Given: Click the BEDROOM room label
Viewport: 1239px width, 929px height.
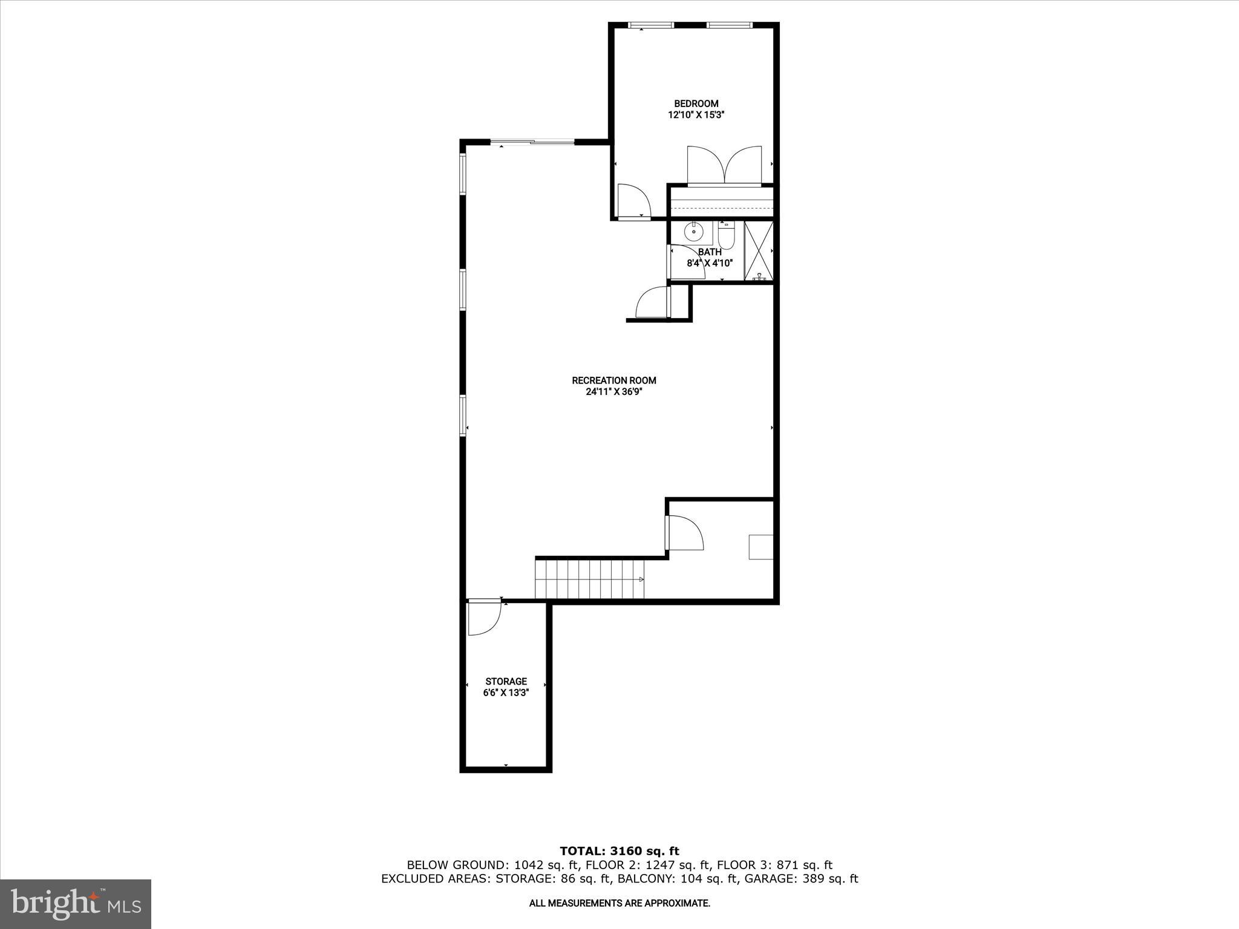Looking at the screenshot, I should [696, 103].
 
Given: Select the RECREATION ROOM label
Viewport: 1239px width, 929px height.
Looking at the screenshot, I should [614, 380].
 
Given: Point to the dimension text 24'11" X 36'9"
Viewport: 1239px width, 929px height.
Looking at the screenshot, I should [614, 391].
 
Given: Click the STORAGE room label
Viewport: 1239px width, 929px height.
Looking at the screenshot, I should [506, 682].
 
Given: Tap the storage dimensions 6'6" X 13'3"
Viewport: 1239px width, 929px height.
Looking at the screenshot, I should [506, 693].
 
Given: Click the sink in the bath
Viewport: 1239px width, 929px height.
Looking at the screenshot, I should [693, 232].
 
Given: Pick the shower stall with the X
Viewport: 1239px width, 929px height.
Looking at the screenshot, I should [759, 251].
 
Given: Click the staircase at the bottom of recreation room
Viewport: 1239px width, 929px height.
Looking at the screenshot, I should [589, 579].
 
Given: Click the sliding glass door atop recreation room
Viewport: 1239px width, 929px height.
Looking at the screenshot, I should [532, 142].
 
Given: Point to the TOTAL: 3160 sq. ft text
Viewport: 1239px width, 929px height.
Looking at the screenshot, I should [619, 852].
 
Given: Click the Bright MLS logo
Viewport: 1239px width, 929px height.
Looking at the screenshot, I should [76, 904].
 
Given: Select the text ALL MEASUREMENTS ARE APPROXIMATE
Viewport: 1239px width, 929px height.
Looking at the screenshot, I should [619, 903].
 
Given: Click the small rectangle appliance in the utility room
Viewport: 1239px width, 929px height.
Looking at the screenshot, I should [760, 547].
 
